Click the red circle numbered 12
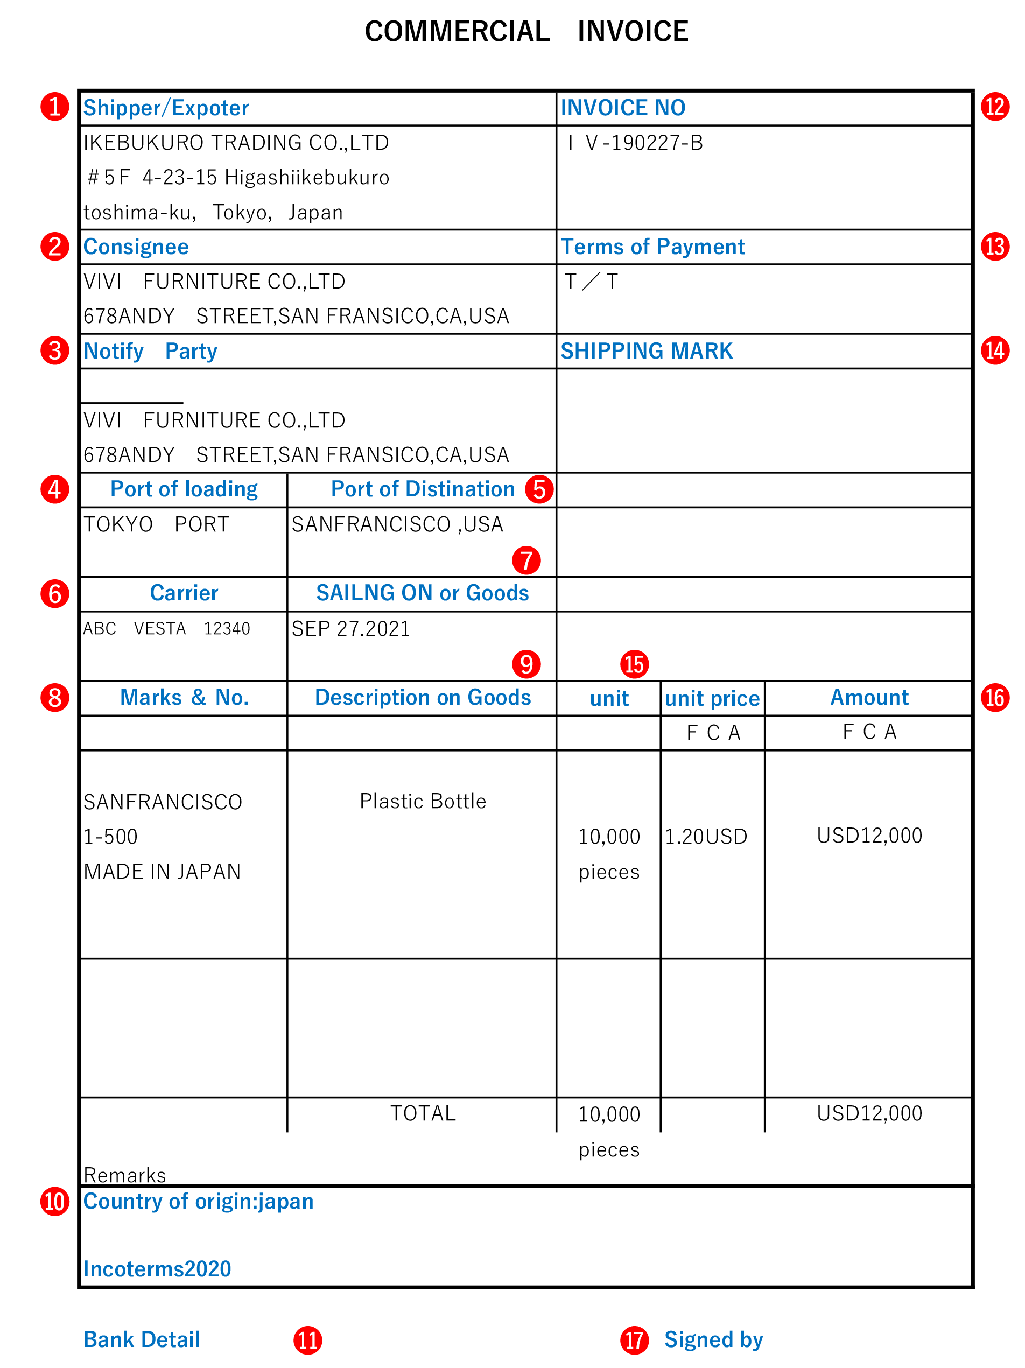pos(994,107)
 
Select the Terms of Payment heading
pos(652,247)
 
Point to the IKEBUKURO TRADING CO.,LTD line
pos(236,143)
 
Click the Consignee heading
pos(136,247)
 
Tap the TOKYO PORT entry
pos(156,524)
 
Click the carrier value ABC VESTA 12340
pos(166,628)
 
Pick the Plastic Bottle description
pos(423,802)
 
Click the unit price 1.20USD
pos(706,837)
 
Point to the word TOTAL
pos(423,1113)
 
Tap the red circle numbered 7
pos(526,560)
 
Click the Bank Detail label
pos(141,1339)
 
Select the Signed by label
pos(713,1339)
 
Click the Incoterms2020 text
pos(157,1269)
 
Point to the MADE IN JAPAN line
pos(162,872)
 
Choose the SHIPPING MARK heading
pos(646,350)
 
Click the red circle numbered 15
pos(634,664)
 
